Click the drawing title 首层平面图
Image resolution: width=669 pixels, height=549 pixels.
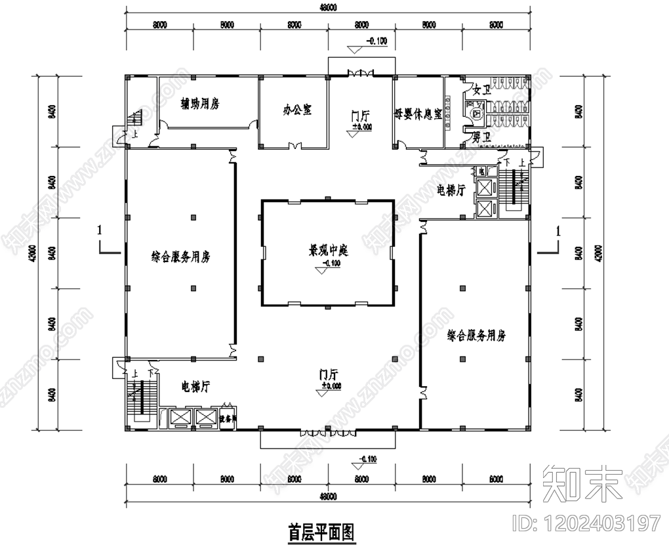click(321, 531)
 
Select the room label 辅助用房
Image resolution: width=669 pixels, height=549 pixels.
click(199, 104)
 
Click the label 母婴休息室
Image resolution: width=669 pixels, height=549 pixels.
click(418, 112)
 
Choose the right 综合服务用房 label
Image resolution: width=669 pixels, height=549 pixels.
click(477, 336)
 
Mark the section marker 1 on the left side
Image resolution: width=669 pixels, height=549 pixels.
click(99, 231)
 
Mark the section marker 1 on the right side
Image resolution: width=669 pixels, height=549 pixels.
click(558, 231)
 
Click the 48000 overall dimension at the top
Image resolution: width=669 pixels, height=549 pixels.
click(328, 8)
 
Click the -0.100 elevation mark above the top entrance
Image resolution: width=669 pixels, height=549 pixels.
click(377, 41)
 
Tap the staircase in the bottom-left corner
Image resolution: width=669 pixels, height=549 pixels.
click(140, 398)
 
